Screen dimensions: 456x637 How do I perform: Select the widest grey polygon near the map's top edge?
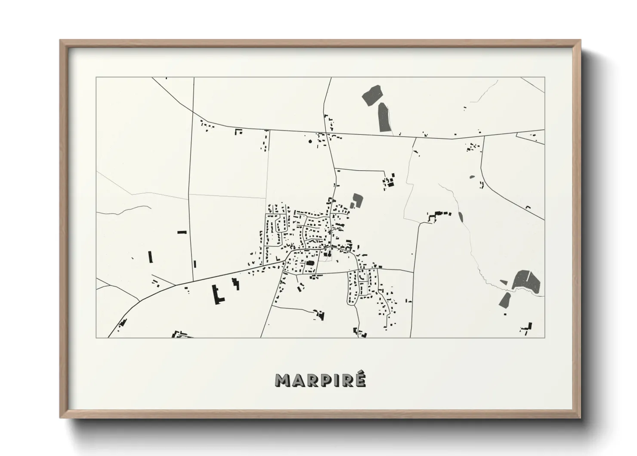coord(373,95)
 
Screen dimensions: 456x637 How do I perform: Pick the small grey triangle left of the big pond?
coord(504,282)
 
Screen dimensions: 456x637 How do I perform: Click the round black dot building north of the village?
coord(309,141)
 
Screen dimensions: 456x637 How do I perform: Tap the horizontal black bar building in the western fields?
coord(182,232)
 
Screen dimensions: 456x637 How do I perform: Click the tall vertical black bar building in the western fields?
coord(151,257)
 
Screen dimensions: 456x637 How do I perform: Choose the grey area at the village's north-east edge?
coord(357,200)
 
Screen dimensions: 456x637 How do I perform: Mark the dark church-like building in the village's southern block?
coord(309,263)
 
